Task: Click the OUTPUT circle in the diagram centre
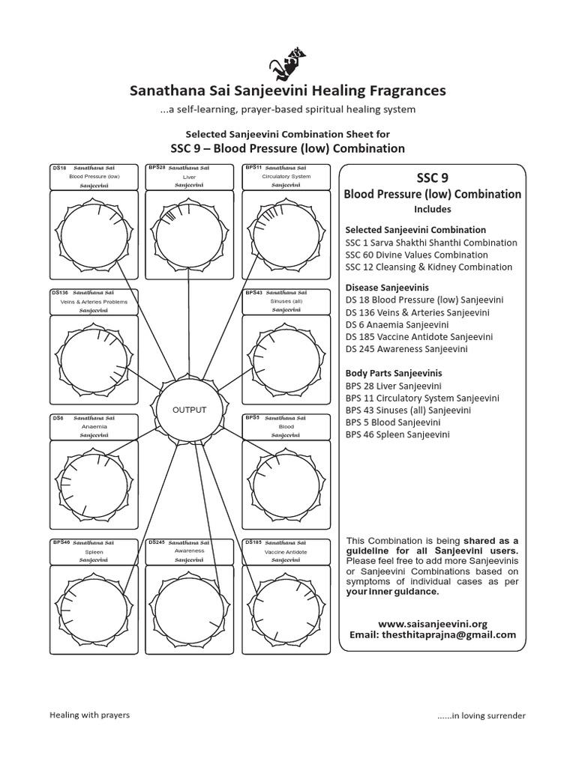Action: pos(189,410)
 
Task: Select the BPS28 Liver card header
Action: pos(189,176)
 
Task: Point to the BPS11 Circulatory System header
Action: pos(286,176)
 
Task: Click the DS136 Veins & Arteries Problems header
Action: pos(94,301)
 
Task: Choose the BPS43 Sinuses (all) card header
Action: pos(286,301)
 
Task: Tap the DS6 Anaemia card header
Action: pos(94,425)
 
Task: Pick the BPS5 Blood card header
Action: pos(286,425)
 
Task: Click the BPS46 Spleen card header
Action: pos(94,551)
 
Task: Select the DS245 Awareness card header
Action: pos(189,551)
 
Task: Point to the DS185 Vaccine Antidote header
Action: pos(286,551)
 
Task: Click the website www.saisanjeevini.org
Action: pos(433,623)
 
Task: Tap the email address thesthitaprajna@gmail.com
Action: pos(433,634)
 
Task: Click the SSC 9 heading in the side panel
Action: pos(432,178)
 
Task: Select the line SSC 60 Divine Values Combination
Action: pos(418,255)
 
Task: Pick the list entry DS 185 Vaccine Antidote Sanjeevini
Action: pos(418,337)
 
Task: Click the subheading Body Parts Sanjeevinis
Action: pos(393,373)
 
